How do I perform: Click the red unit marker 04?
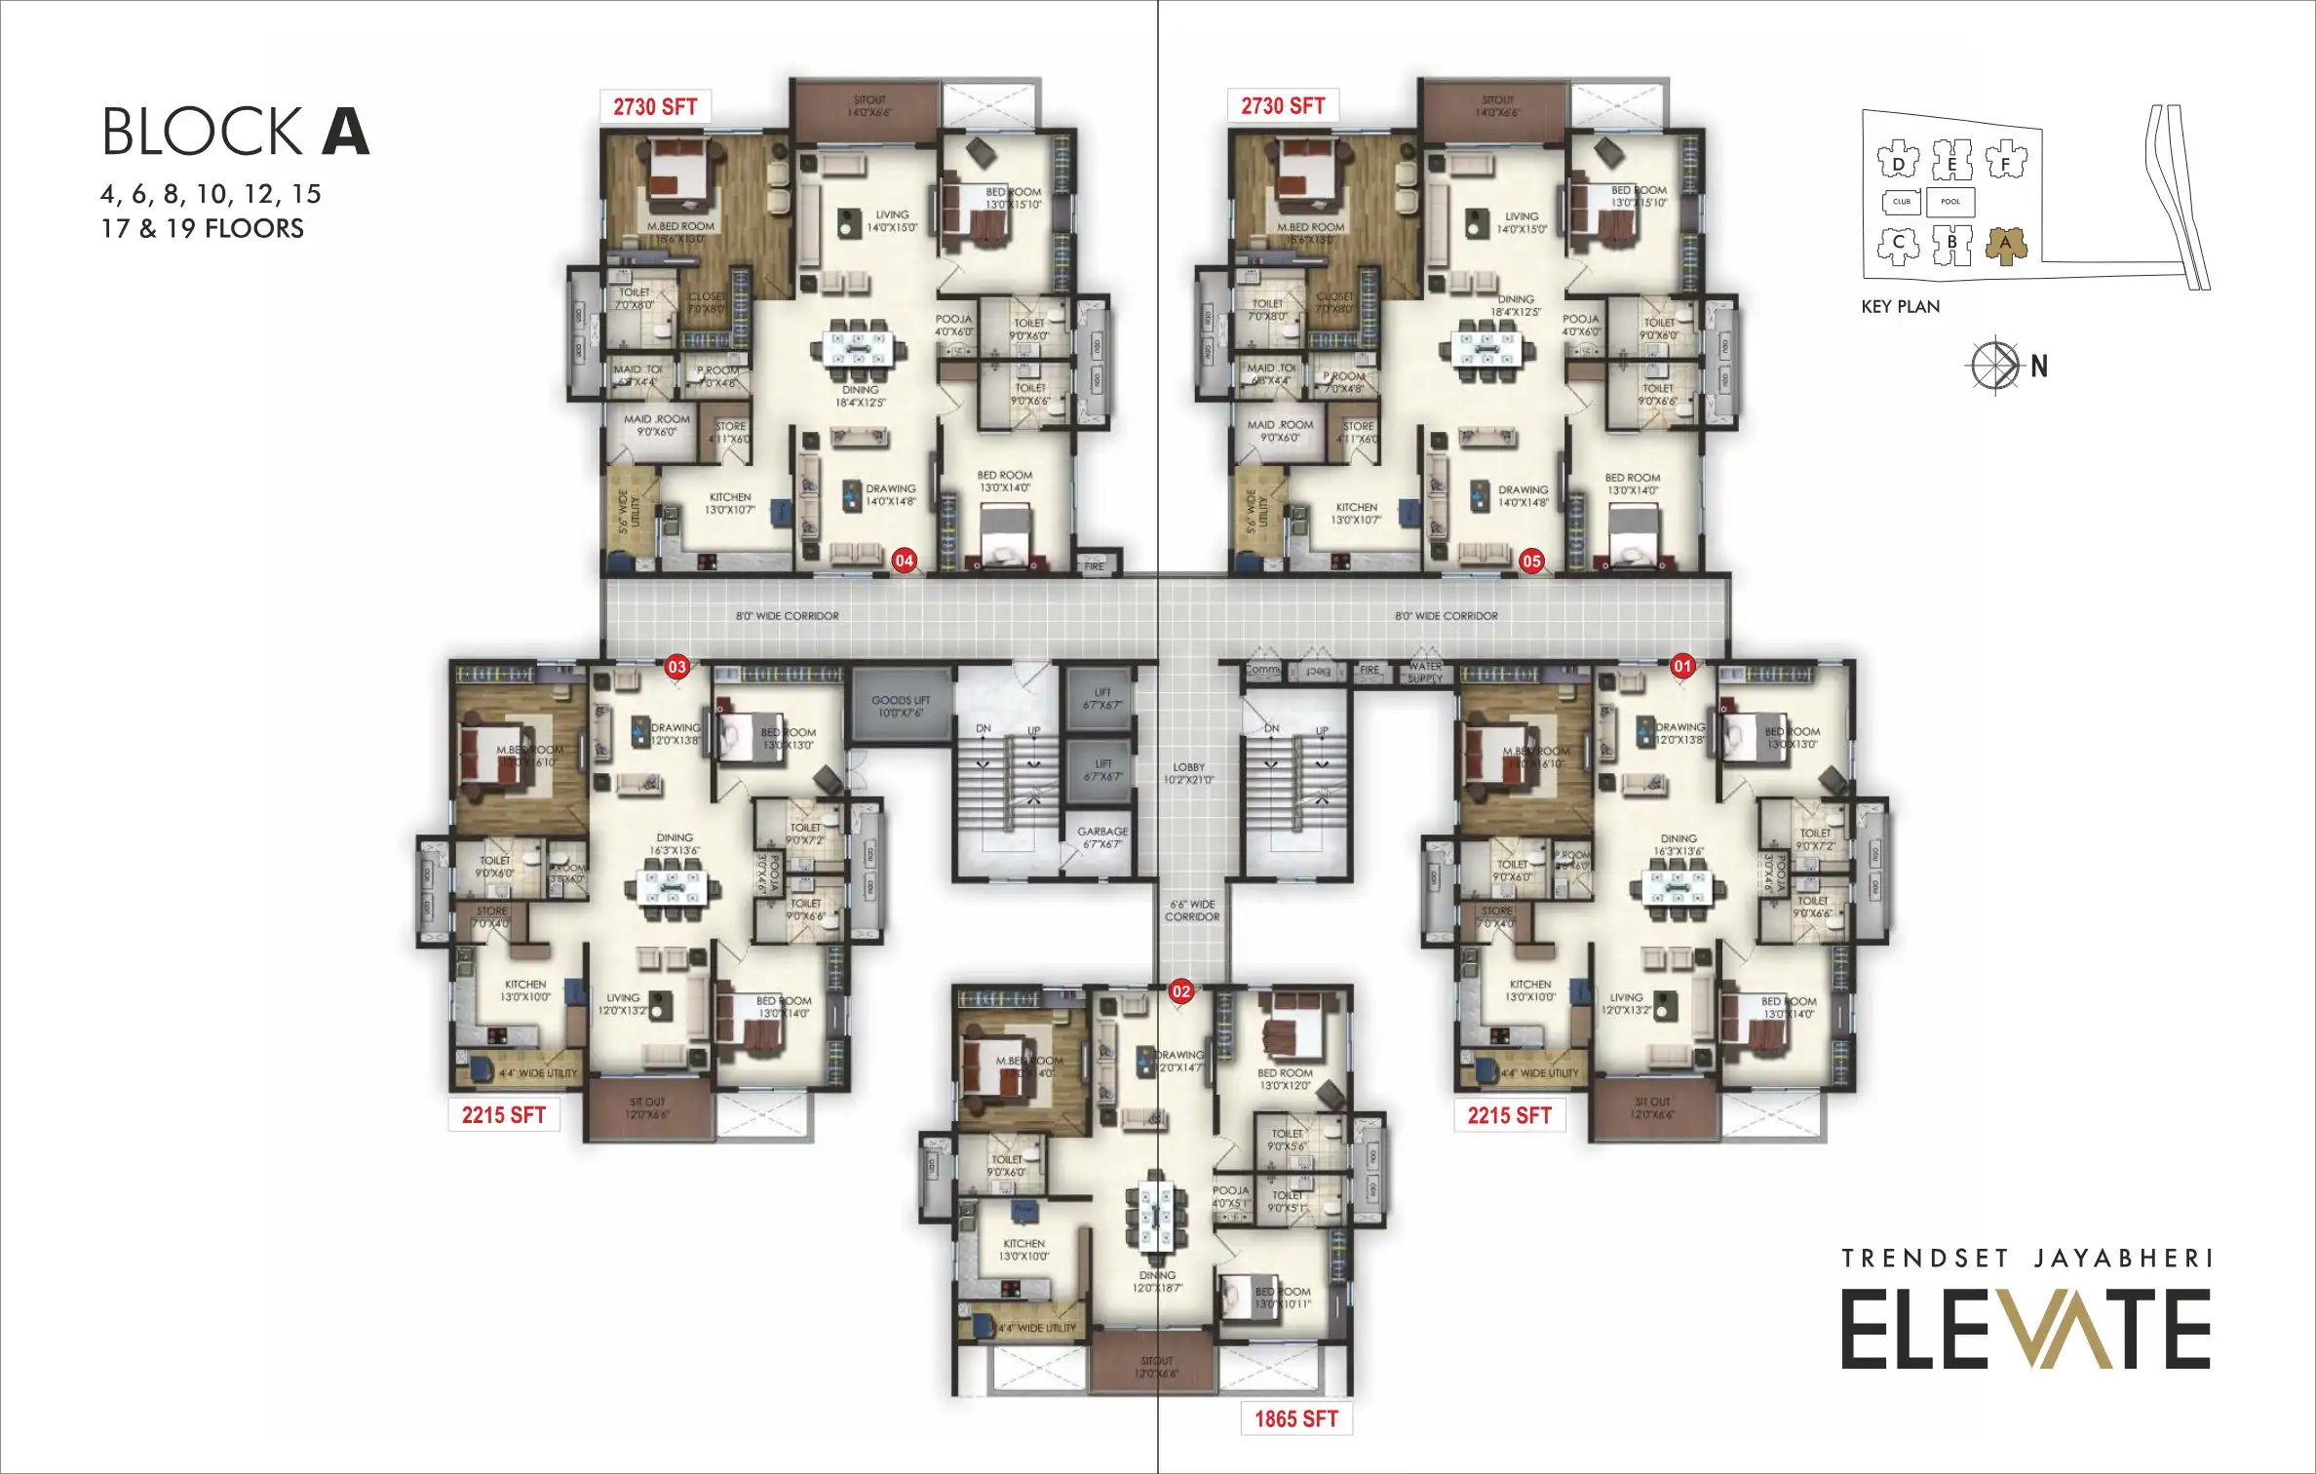coord(905,561)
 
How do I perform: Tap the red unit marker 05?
coord(1531,562)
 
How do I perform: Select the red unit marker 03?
coord(676,667)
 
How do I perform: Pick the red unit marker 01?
coord(1682,667)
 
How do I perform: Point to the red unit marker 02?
coord(1181,991)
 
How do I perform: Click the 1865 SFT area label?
coord(1295,1418)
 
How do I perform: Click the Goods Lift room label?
coord(901,706)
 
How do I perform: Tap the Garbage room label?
coord(1102,837)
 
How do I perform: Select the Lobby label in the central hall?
coord(1189,773)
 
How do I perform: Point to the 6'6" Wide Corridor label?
coord(1192,911)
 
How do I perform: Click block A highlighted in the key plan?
coord(2005,246)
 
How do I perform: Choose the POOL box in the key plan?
coord(1949,202)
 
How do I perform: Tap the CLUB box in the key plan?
coord(1901,202)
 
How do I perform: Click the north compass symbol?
coord(1994,366)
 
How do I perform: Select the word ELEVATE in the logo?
coord(2026,1330)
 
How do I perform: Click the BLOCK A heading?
coord(236,132)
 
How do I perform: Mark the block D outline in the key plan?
coord(1898,161)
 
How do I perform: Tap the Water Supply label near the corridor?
coord(1425,672)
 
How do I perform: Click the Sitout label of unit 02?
coord(1156,1367)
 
